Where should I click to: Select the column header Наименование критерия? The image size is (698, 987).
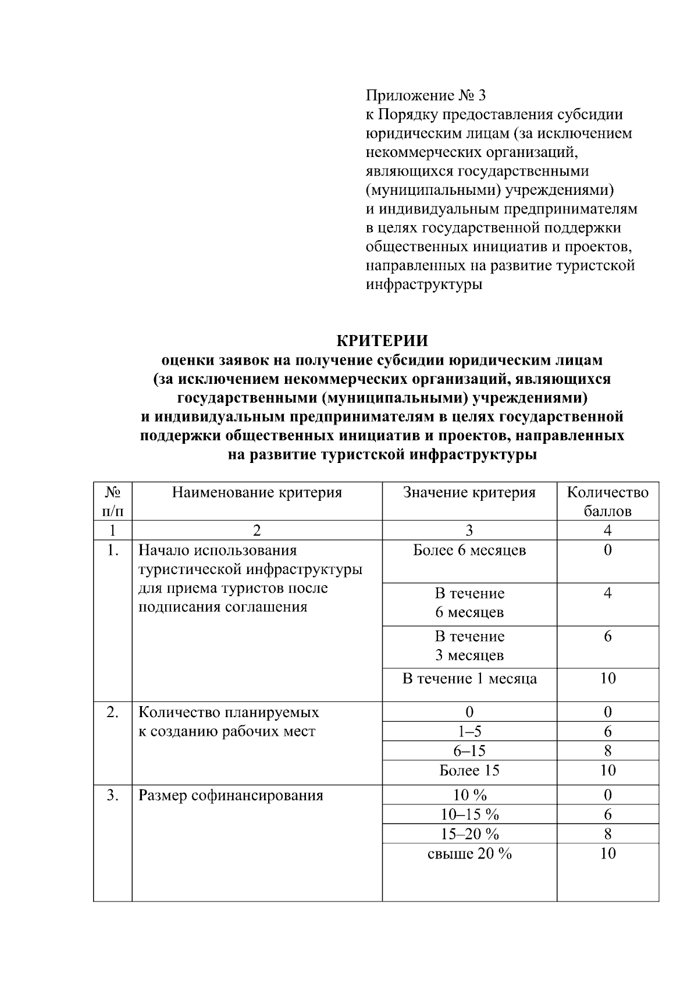(x=257, y=493)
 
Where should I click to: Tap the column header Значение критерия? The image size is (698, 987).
(x=469, y=493)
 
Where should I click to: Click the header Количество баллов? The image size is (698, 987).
(x=607, y=501)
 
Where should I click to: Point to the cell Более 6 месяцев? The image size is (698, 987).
(x=469, y=550)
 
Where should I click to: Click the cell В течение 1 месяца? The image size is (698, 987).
(x=469, y=679)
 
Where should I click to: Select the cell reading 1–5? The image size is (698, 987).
(x=469, y=732)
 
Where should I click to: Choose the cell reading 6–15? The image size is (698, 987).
(x=469, y=751)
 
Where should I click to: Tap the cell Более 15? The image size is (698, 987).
(x=469, y=771)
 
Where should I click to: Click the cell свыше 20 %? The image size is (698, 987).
(x=469, y=854)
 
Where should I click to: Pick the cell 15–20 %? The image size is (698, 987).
(x=469, y=834)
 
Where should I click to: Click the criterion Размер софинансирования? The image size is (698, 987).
(x=230, y=796)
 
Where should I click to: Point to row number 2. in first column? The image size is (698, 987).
(x=112, y=712)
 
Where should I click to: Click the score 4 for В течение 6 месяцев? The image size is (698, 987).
(x=607, y=593)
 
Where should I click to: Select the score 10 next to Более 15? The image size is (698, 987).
(x=607, y=771)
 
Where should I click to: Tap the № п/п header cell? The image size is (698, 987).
(x=112, y=501)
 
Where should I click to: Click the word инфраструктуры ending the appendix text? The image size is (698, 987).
(x=424, y=285)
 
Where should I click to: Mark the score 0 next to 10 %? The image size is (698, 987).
(x=607, y=795)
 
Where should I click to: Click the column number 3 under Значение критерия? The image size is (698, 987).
(x=469, y=530)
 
